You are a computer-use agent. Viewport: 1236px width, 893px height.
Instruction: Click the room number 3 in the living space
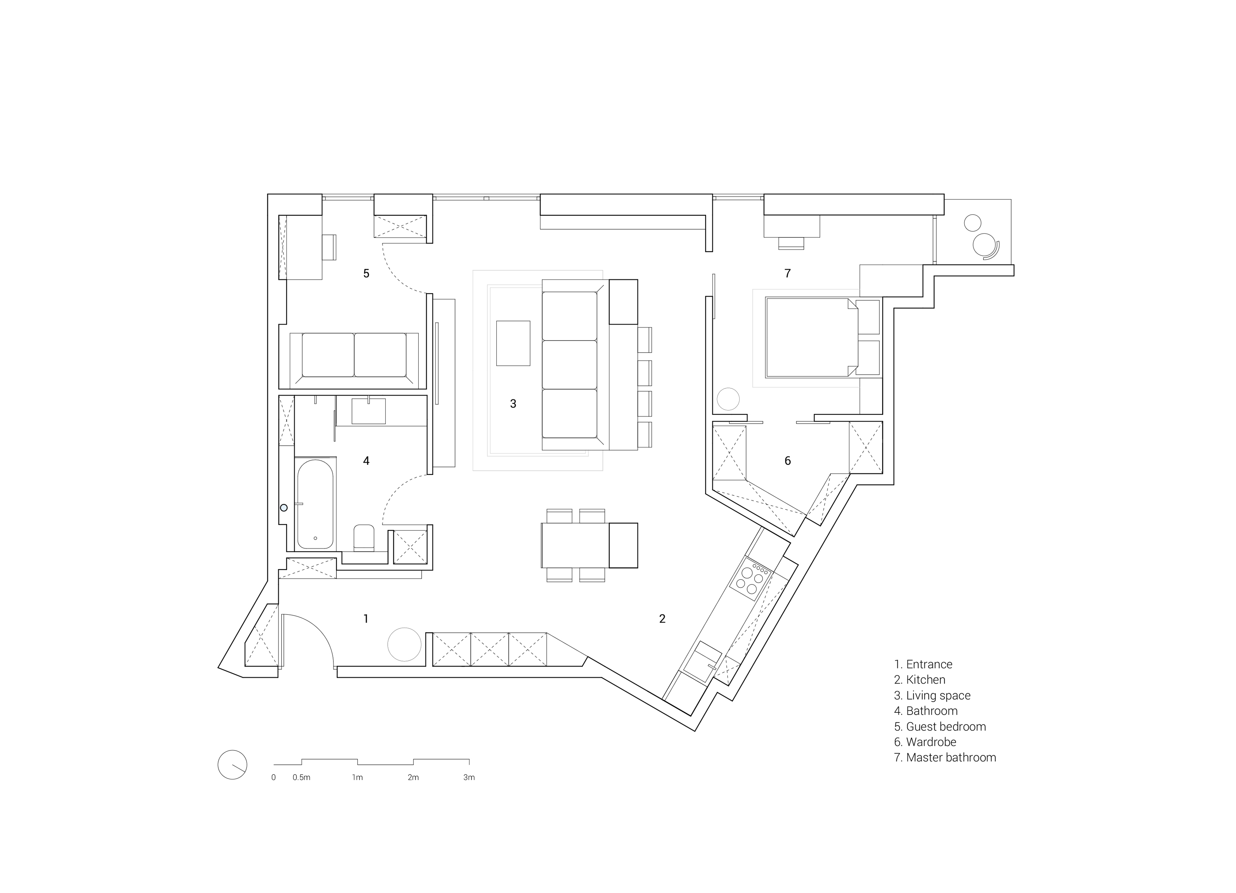click(513, 403)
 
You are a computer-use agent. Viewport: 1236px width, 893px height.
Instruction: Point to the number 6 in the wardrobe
click(787, 461)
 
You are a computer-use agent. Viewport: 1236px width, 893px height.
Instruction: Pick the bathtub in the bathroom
click(315, 503)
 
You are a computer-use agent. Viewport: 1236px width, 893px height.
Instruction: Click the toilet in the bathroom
click(364, 537)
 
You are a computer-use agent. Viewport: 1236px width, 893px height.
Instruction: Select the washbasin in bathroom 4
click(369, 411)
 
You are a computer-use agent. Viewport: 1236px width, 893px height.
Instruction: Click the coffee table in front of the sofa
click(513, 343)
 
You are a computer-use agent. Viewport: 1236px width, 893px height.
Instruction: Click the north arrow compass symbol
click(232, 764)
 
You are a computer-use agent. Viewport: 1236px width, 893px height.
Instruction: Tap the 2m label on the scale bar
click(413, 777)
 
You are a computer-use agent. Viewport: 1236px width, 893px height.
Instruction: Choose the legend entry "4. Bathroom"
click(926, 711)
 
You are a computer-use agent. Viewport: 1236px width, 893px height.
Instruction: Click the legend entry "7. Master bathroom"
click(945, 757)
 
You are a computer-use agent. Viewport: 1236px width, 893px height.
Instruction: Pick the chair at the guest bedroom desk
click(329, 247)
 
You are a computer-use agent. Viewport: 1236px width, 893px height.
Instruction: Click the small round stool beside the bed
click(728, 399)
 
